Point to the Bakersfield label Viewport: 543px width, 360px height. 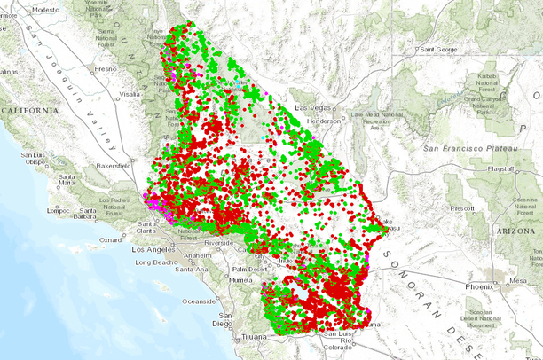pos(114,165)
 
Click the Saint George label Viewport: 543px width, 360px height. pos(439,49)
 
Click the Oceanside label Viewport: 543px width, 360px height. pos(199,300)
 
